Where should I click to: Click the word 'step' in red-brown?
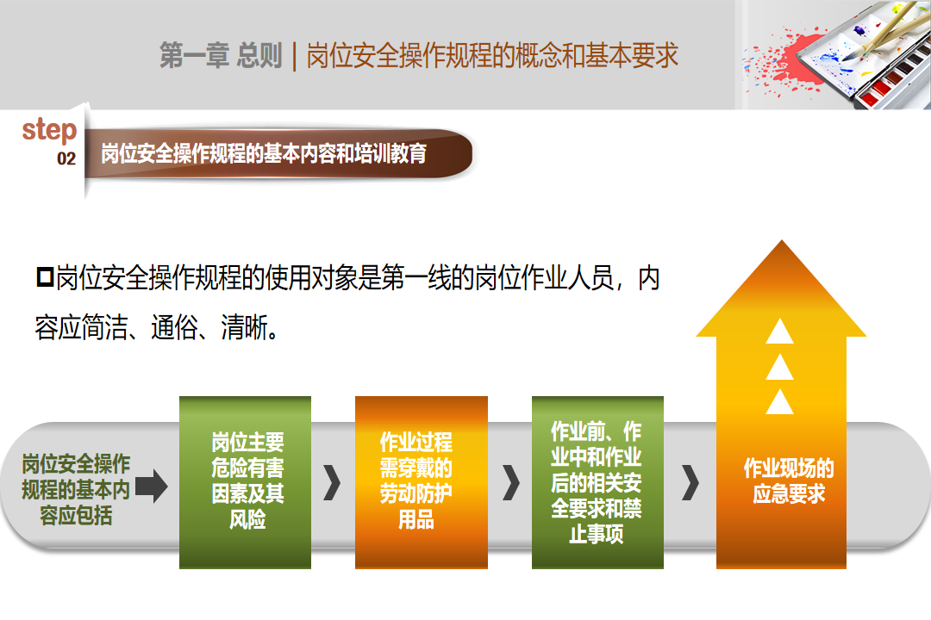49,129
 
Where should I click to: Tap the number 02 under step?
66,158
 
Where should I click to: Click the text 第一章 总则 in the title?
221,55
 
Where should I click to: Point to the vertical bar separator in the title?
295,56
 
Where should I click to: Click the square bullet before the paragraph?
45,276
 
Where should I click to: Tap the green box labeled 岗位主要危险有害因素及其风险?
245,482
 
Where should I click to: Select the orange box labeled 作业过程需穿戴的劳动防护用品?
422,482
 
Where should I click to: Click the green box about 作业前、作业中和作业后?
597,482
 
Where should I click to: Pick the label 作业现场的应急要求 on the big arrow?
789,480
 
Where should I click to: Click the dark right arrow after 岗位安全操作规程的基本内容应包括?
152,486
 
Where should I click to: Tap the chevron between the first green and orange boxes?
333,483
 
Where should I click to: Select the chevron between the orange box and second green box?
510,483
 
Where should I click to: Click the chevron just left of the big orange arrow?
690,483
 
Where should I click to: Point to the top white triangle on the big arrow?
779,332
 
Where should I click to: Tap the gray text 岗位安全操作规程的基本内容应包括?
76,489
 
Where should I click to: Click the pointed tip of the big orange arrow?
781,240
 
